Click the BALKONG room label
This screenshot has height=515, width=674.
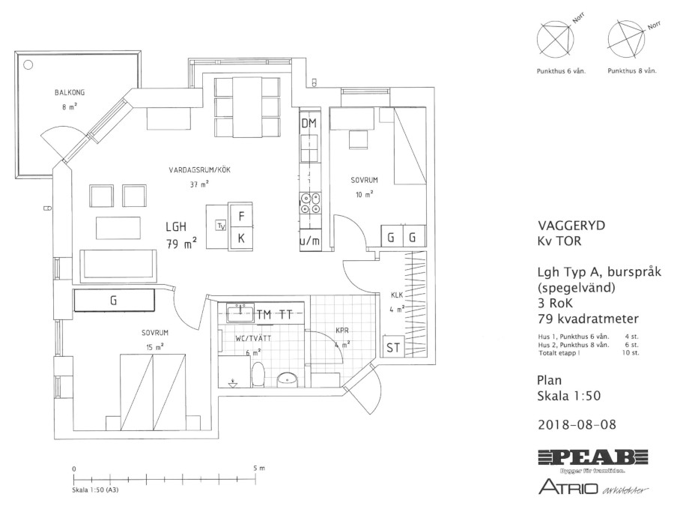[70, 92]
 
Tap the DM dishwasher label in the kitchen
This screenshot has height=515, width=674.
[309, 124]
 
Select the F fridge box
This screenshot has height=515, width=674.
[241, 216]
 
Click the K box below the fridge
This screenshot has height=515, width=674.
[241, 238]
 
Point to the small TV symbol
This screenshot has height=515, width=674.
[222, 225]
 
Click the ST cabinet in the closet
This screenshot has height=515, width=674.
[393, 347]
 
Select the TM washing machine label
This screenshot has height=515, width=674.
[264, 315]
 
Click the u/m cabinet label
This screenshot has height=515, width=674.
[309, 241]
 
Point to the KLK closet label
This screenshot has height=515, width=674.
[397, 295]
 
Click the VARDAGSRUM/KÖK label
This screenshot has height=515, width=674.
[199, 170]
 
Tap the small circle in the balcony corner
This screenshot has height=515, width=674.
[28, 65]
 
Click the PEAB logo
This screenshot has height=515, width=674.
[593, 457]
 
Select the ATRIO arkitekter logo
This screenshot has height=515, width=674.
[593, 487]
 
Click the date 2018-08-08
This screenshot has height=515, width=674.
[577, 424]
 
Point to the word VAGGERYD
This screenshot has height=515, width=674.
[571, 226]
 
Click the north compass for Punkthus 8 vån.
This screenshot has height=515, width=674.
[627, 39]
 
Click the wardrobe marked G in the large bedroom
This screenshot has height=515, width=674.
[114, 300]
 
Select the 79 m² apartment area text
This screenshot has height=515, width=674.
[182, 244]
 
